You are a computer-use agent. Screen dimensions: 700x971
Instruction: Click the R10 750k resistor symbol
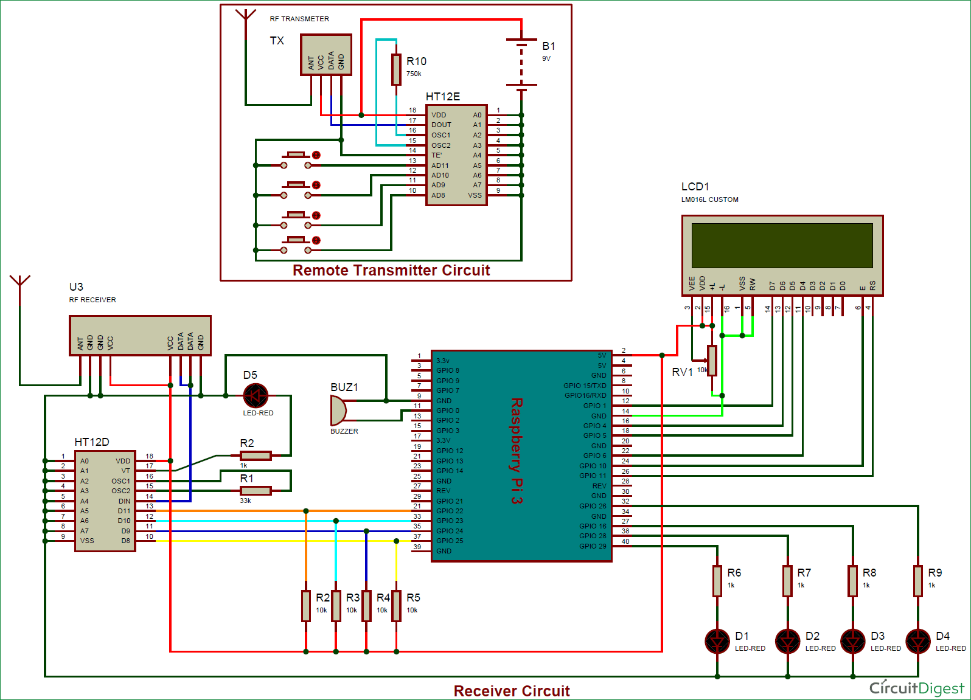click(396, 69)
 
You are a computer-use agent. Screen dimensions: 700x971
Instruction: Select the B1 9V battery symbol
click(521, 64)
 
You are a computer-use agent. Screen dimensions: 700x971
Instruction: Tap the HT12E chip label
click(442, 97)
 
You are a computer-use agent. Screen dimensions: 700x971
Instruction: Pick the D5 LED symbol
click(256, 396)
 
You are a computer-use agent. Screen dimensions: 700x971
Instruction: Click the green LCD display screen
click(782, 245)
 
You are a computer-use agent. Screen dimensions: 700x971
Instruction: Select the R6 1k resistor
click(717, 581)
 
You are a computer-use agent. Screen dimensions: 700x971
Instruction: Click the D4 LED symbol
click(917, 641)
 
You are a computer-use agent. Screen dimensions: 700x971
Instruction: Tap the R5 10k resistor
click(396, 606)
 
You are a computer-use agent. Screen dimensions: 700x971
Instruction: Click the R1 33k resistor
click(256, 490)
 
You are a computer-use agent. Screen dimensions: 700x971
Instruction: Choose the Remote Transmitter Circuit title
click(391, 270)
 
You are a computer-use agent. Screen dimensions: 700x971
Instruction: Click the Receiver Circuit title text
click(512, 691)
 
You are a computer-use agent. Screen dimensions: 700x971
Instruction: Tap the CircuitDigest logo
click(916, 688)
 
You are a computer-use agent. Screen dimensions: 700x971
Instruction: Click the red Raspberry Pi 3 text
click(517, 451)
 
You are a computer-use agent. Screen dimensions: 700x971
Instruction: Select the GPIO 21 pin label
click(449, 501)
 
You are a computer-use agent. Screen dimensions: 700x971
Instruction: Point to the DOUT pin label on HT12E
click(441, 125)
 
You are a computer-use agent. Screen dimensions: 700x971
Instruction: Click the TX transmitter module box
click(326, 55)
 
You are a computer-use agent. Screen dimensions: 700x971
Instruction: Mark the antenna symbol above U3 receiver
click(20, 282)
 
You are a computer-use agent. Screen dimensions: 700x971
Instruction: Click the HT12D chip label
click(92, 442)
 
